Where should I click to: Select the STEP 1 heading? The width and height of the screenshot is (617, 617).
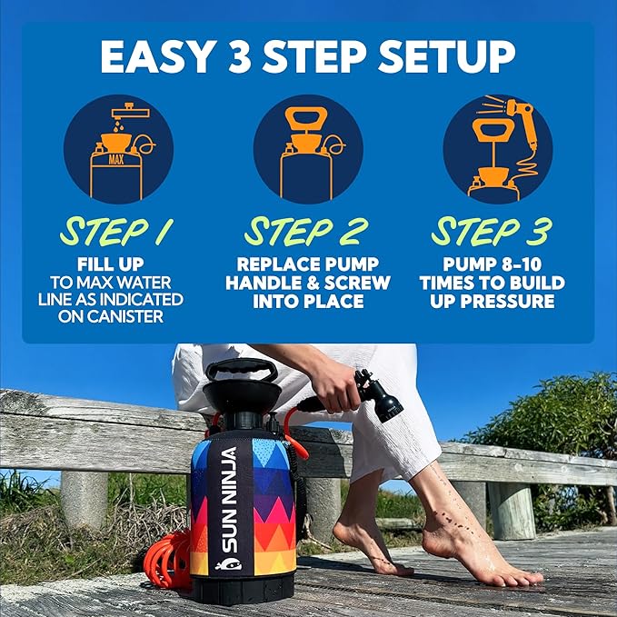(117, 231)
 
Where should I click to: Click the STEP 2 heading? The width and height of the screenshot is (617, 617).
(308, 231)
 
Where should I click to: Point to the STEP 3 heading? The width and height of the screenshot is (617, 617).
(492, 231)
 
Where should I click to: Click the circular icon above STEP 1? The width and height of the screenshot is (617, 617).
(118, 148)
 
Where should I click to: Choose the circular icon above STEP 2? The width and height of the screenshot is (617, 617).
(308, 148)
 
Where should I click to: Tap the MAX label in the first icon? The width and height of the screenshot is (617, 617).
(115, 159)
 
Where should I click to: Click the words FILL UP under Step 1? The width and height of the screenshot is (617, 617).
(117, 264)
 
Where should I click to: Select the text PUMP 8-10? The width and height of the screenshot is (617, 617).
(492, 264)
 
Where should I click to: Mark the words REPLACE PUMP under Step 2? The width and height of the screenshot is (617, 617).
(308, 264)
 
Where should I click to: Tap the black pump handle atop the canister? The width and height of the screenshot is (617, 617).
(240, 369)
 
